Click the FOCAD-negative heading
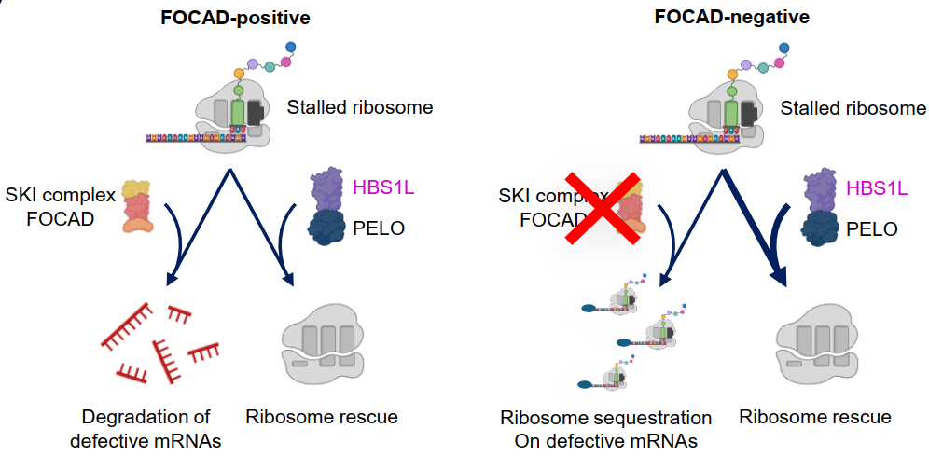point(718,17)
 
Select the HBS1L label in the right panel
point(876,188)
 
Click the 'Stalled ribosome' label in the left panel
point(361,107)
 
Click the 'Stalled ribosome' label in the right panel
point(853,108)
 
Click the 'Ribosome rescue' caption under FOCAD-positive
point(322,417)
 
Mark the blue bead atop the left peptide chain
point(290,47)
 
